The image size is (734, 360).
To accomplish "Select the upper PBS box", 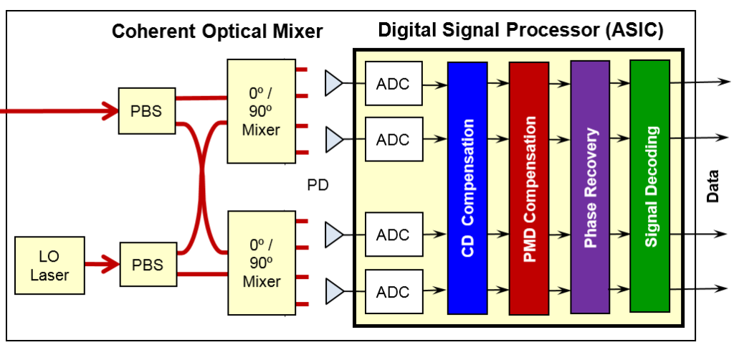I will (x=147, y=111).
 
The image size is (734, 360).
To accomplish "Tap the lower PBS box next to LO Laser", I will (x=147, y=264).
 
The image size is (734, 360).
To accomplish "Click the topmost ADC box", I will (x=393, y=83).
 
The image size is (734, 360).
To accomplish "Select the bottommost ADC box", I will (x=393, y=291).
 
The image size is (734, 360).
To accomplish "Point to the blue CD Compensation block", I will (x=467, y=188).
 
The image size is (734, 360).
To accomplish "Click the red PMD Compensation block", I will (x=529, y=188).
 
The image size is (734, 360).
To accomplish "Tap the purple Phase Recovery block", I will (x=590, y=187).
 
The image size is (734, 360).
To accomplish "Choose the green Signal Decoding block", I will (x=650, y=186).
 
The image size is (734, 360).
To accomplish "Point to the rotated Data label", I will (x=712, y=186).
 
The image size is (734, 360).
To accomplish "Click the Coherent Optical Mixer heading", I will (x=217, y=32).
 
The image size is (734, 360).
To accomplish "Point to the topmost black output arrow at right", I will (x=702, y=81).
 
